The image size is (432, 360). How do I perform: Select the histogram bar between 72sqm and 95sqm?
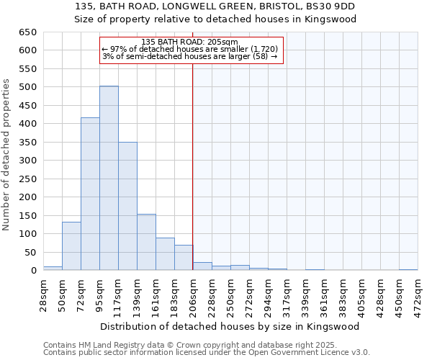coord(90,194)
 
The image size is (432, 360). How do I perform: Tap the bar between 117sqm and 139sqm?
coord(127,206)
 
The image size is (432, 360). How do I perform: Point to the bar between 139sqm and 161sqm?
coord(146,242)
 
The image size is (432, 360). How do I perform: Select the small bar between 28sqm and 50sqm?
coord(53,268)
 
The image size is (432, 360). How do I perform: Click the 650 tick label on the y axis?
coord(27,32)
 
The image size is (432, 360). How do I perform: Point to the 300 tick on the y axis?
coord(27,161)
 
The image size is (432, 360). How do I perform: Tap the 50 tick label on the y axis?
coord(30,253)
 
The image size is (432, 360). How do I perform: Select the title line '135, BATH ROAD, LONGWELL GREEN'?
coord(215,6)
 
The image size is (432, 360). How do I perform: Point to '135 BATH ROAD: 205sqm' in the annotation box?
coord(190,42)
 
